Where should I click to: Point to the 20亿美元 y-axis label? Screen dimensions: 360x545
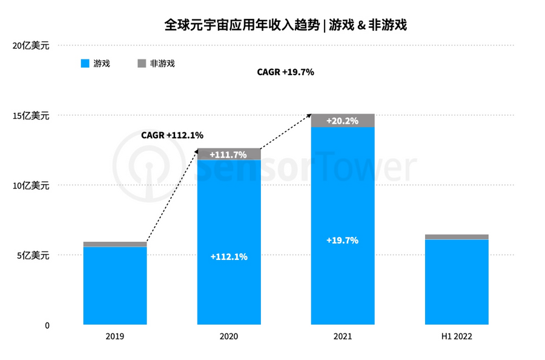[x=31, y=45]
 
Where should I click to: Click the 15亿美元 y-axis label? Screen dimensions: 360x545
[x=31, y=115]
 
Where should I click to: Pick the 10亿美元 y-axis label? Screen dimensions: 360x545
[x=31, y=185]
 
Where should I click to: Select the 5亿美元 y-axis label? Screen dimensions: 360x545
[x=33, y=255]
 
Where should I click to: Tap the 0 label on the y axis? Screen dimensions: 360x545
[x=46, y=325]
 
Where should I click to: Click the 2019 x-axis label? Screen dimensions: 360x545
[x=114, y=336]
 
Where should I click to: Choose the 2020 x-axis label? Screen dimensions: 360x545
[x=229, y=336]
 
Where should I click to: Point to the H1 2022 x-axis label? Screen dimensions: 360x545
[x=457, y=336]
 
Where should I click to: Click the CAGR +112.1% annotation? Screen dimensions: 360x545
[x=172, y=135]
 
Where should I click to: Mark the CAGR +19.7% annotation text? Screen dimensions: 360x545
[x=285, y=72]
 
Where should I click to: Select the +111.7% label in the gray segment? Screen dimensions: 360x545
[x=228, y=155]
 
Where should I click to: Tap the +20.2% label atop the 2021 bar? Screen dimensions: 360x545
[x=342, y=121]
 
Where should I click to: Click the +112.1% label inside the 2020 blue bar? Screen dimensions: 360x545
[x=228, y=256]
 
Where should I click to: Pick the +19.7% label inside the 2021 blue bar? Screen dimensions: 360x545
[x=342, y=240]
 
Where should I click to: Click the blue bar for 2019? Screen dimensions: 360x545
[x=114, y=285]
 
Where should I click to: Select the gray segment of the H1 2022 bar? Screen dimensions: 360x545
[x=457, y=237]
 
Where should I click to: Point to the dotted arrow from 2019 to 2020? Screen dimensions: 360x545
[x=173, y=196]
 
